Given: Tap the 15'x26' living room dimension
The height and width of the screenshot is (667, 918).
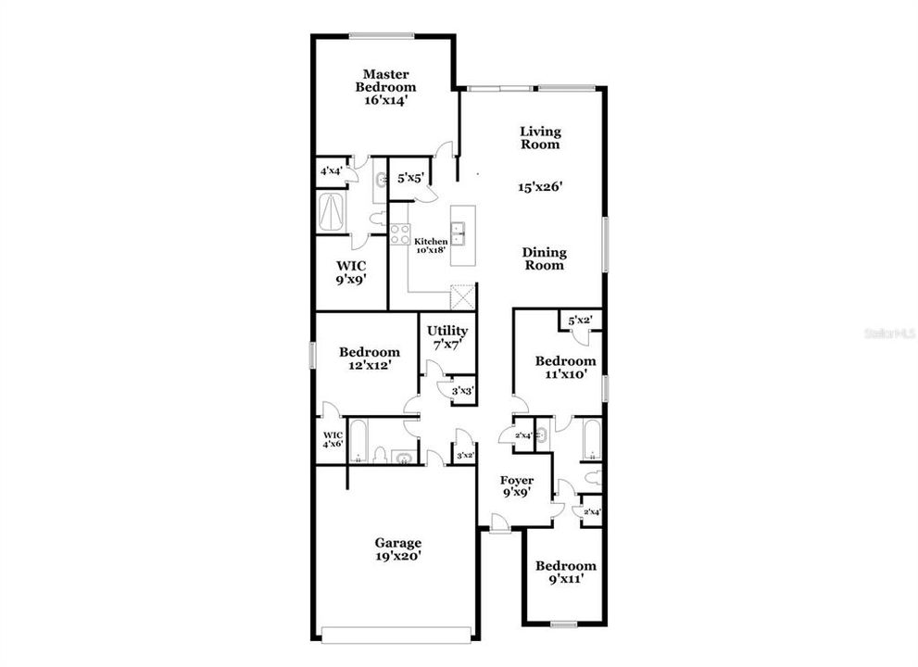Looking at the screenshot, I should pyautogui.click(x=541, y=187).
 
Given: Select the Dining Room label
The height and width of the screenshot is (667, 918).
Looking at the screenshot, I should pyautogui.click(x=544, y=258).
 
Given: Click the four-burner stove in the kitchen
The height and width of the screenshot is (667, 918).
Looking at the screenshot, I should pyautogui.click(x=399, y=234).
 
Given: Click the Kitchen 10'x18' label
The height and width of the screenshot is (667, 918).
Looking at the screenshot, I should pyautogui.click(x=430, y=246).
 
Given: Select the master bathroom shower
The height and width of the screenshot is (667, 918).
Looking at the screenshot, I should pyautogui.click(x=332, y=211).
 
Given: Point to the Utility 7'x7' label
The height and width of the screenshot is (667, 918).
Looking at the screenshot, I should pyautogui.click(x=446, y=337).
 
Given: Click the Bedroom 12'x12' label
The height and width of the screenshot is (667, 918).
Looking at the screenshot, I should pyautogui.click(x=369, y=359).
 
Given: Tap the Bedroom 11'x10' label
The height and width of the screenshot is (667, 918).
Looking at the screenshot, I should pyautogui.click(x=565, y=368).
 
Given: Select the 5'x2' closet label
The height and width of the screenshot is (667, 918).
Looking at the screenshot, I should pyautogui.click(x=580, y=321).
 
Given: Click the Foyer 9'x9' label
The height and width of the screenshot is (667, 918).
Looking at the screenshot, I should pyautogui.click(x=517, y=486).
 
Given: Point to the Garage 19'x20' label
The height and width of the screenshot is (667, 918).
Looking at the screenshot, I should pyautogui.click(x=398, y=549).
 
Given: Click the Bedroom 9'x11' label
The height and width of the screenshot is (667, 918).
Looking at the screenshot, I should pyautogui.click(x=565, y=573).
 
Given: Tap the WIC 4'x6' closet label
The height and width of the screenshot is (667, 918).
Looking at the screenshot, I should pyautogui.click(x=333, y=439).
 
